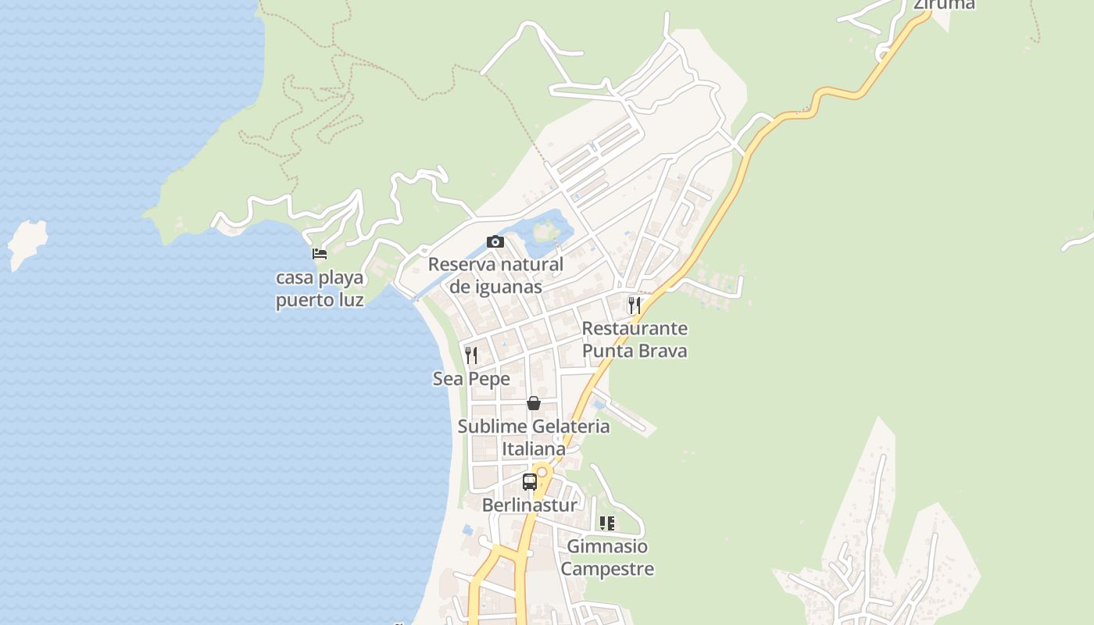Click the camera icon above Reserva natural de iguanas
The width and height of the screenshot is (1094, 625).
(x=495, y=242)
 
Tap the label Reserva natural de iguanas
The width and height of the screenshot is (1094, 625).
(x=495, y=276)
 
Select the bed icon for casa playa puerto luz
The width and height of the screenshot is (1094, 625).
(x=319, y=254)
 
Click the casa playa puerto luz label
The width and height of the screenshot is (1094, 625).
(x=320, y=289)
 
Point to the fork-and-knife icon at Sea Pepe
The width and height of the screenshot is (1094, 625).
(x=471, y=355)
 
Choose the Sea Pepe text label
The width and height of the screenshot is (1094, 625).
(x=471, y=379)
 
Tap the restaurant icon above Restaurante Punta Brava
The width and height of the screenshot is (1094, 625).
(x=635, y=305)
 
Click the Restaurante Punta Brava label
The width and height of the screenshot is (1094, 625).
(x=635, y=339)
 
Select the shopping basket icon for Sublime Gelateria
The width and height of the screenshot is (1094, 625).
(x=534, y=403)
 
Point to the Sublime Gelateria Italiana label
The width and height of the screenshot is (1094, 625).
(x=534, y=437)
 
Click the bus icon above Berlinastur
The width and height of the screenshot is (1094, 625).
(x=530, y=481)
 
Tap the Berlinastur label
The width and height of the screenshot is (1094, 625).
(x=529, y=505)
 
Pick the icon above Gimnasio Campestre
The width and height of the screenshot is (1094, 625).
(x=607, y=523)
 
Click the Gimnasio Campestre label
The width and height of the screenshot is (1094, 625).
(x=607, y=557)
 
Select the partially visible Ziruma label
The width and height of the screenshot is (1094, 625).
(x=945, y=5)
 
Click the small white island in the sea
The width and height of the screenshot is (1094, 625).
(x=27, y=242)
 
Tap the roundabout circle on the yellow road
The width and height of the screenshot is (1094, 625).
(x=542, y=472)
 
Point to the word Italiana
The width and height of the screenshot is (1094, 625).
(x=534, y=449)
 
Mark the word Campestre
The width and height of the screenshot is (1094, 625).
(x=607, y=569)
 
